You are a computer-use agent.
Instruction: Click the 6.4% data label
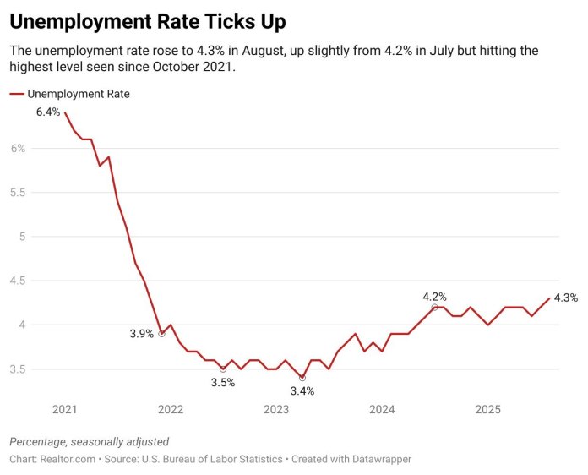click(48, 112)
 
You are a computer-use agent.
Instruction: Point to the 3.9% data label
click(142, 334)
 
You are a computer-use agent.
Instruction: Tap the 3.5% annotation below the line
click(222, 383)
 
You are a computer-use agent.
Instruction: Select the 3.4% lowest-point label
click(302, 391)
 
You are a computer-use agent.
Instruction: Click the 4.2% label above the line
click(434, 297)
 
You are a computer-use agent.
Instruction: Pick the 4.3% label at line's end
click(566, 298)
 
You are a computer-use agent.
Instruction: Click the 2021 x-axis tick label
click(65, 410)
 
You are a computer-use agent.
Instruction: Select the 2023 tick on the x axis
click(276, 410)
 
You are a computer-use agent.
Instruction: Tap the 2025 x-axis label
click(487, 410)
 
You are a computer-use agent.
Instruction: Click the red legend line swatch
click(16, 94)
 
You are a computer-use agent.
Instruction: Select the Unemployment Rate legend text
click(79, 94)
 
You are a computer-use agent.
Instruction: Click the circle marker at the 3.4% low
click(302, 378)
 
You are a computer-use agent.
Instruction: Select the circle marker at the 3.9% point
click(161, 334)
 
